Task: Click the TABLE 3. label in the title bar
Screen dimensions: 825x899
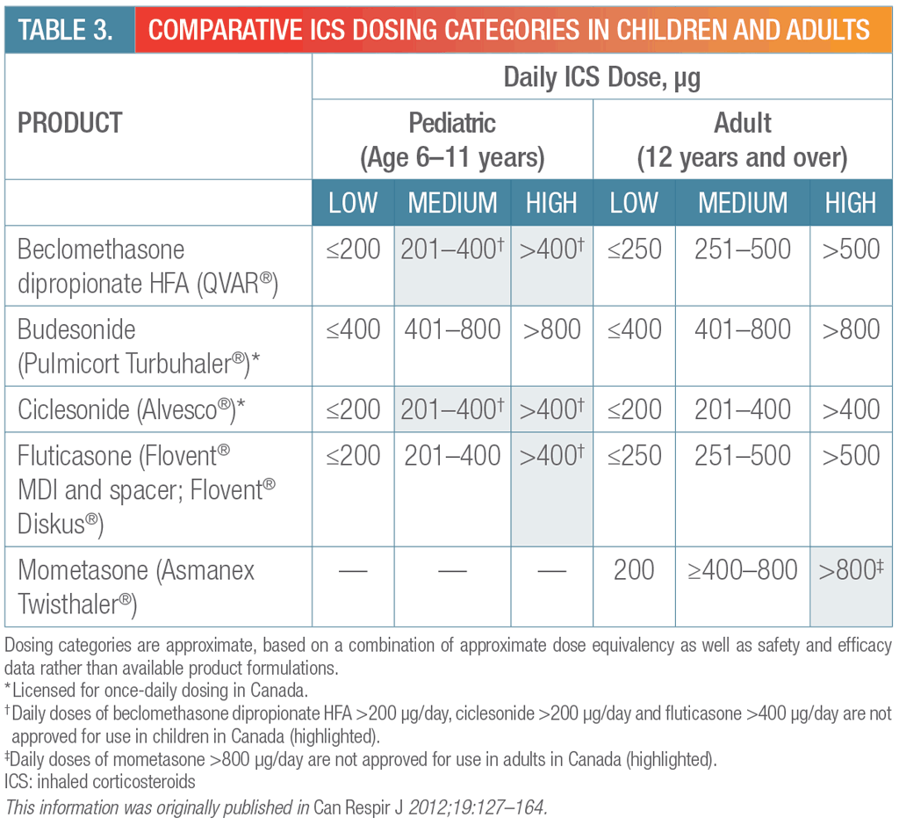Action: [x=66, y=29]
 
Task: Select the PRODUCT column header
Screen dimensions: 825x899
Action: [x=70, y=122]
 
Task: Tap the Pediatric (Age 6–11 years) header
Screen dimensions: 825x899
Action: [x=452, y=140]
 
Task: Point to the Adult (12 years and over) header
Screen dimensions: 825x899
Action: [x=742, y=140]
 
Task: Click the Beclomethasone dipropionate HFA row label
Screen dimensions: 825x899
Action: [x=147, y=266]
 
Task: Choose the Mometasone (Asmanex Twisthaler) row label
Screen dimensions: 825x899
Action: [x=136, y=586]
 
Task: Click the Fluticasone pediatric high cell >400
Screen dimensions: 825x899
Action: [x=551, y=455]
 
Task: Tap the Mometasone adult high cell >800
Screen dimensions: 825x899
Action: [x=850, y=570]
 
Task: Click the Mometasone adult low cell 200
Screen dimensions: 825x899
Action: [x=633, y=570]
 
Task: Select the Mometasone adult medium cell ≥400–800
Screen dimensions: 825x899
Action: [x=743, y=570]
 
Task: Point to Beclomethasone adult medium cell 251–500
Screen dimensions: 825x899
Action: [x=743, y=250]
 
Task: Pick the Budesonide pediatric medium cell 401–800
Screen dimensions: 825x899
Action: [x=452, y=329]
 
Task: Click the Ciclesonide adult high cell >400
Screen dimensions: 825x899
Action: [x=850, y=409]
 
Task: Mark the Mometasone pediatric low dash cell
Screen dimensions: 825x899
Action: [x=352, y=571]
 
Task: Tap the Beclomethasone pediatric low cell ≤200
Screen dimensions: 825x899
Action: [x=352, y=250]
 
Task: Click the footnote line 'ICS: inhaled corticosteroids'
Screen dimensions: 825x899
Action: [x=99, y=780]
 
